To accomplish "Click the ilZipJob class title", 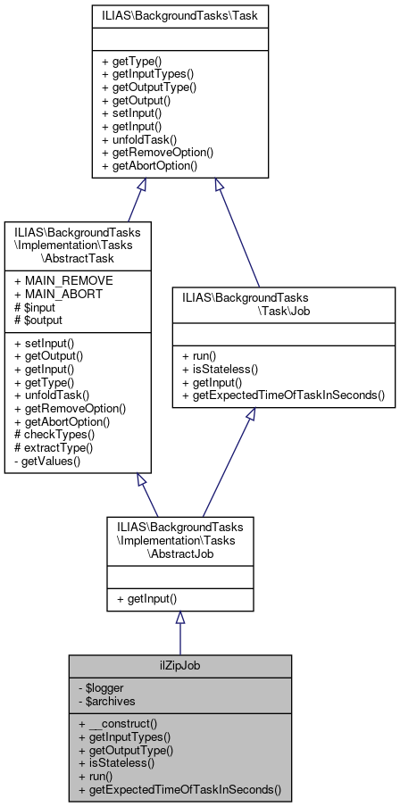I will tap(179, 666).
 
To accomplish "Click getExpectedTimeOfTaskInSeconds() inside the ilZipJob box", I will tap(179, 789).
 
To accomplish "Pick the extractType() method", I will tap(54, 446).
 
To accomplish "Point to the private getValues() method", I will tap(49, 460).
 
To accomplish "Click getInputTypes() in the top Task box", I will tap(147, 74).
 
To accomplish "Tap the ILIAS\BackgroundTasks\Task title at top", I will tap(180, 16).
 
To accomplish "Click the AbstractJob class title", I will tap(179, 540).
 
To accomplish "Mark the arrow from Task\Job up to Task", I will tap(237, 232).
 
